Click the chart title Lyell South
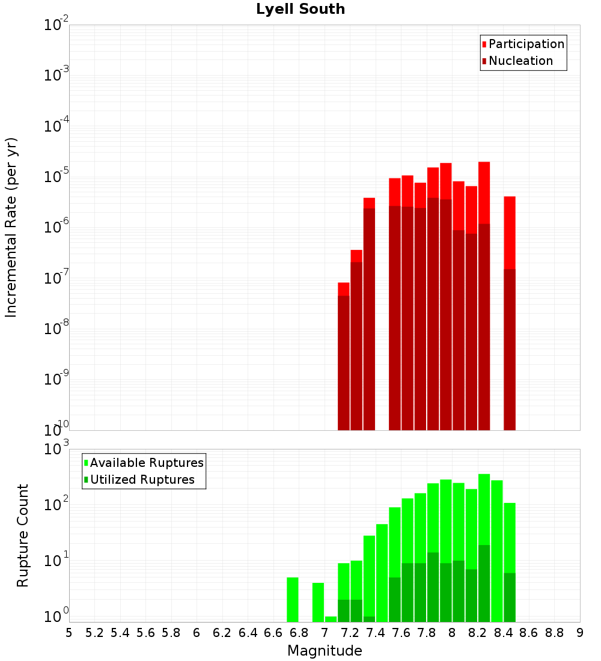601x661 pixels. (x=300, y=9)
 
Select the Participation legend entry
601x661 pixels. (x=526, y=44)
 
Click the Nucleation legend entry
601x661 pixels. (x=520, y=61)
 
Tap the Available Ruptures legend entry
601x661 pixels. (x=147, y=463)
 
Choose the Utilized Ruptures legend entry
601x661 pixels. (x=142, y=480)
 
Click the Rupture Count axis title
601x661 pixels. (x=23, y=535)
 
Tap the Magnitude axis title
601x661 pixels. (x=325, y=651)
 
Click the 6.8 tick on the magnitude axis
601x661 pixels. (x=299, y=632)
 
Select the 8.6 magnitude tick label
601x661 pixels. (x=529, y=632)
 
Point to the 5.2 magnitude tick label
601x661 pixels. (x=94, y=632)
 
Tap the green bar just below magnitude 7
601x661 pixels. (x=318, y=602)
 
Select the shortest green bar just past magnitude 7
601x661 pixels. (x=331, y=619)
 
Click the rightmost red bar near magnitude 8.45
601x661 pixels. (x=510, y=312)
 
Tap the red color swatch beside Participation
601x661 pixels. (x=484, y=44)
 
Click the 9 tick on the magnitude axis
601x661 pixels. (x=580, y=632)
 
